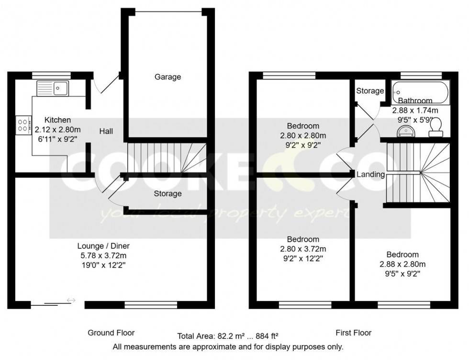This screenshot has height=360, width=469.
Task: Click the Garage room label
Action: coord(167,77)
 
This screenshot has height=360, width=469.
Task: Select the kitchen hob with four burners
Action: coord(22,125)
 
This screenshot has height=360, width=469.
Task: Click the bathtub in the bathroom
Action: coord(420,93)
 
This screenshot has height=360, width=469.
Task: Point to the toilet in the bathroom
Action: coord(435,126)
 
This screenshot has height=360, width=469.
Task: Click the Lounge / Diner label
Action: coord(103,246)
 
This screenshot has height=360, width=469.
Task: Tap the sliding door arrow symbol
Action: coord(71,300)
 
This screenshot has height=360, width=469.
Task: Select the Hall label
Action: coord(106,131)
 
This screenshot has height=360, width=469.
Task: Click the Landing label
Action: coord(370,175)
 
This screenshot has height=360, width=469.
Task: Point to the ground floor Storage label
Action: coord(167,193)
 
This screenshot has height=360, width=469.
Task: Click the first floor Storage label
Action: coord(370,91)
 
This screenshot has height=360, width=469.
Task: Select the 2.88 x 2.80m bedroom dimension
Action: coord(402,264)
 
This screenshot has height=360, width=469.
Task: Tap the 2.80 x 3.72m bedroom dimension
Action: coord(303,248)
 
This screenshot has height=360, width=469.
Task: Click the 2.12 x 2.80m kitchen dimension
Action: coord(57,129)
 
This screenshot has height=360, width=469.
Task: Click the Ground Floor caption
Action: coord(111,333)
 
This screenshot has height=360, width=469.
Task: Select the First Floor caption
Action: coord(353,333)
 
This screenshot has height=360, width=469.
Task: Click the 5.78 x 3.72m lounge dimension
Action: coord(103,255)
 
